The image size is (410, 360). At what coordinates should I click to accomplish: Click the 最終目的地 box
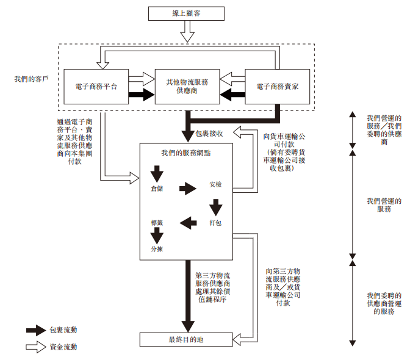point(188,339)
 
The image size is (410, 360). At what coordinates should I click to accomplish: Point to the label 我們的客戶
point(32,80)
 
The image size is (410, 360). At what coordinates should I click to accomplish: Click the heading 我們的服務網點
point(186,153)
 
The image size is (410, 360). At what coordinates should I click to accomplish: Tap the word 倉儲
point(157,189)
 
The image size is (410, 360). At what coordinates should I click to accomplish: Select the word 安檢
point(215,184)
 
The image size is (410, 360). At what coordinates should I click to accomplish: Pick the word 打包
point(215,223)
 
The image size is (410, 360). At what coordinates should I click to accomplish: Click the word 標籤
point(157,222)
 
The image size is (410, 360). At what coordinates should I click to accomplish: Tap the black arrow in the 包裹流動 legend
point(37,330)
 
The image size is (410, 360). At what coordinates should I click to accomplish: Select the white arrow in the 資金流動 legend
point(37,347)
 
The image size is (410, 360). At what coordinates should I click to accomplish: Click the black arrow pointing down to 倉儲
point(157,173)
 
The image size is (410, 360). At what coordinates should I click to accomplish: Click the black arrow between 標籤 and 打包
point(188,222)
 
